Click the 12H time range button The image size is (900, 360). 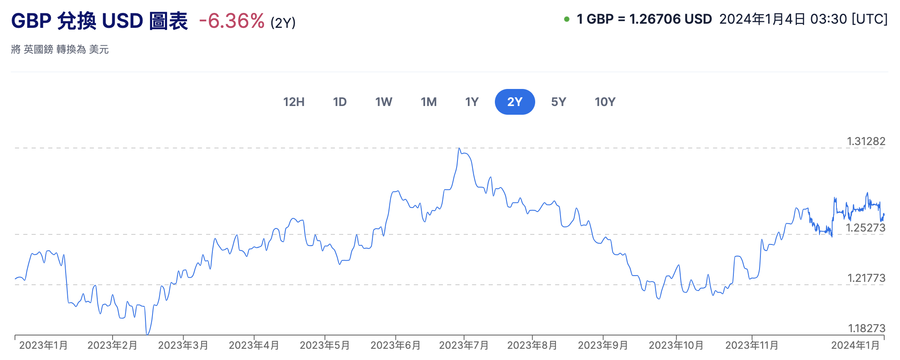pos(294,102)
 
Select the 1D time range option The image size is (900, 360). pos(339,102)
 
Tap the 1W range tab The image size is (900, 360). pos(384,102)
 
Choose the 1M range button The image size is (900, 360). pos(428,102)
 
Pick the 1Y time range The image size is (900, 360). pos(472,102)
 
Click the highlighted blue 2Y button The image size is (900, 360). pos(515,102)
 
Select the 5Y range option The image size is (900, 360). pos(558,102)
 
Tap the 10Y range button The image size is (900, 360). pos(605,102)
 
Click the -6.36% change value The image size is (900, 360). pos(231,21)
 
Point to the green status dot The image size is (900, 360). pos(566,19)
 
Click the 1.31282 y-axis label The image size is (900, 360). pos(866,141)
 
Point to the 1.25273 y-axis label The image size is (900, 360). pos(866,228)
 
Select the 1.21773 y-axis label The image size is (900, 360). pos(866,278)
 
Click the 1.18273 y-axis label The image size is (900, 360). pos(866,328)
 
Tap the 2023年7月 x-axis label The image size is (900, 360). pos(464,345)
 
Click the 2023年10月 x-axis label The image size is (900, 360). pos(676,345)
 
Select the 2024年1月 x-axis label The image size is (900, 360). pos(855,345)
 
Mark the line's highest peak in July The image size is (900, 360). pos(459,148)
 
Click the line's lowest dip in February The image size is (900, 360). pos(147,334)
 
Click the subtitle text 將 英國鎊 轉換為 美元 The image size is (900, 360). pos(60,49)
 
